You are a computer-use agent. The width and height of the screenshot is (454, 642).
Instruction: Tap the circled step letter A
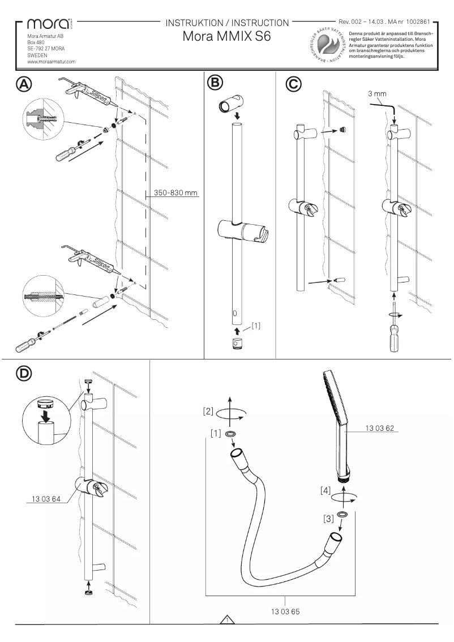point(24,83)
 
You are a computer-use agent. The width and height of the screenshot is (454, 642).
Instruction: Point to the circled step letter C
point(292,84)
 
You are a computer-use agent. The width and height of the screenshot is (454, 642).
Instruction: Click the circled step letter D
point(24,374)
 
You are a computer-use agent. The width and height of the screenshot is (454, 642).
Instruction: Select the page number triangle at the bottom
point(226,620)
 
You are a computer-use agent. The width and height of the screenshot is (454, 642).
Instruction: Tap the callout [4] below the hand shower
point(325,490)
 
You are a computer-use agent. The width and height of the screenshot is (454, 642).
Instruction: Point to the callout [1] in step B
point(256,326)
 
